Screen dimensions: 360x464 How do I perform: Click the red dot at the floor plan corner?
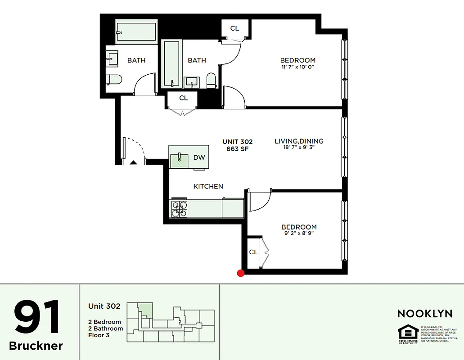pos(241,273)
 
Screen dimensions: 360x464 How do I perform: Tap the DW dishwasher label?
pos(199,157)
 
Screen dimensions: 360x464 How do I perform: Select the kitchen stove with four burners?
pos(180,209)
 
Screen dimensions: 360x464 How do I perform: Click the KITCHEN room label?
pos(208,186)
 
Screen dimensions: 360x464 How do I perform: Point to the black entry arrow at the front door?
pos(133,162)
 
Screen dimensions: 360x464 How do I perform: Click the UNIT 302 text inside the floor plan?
pos(238,141)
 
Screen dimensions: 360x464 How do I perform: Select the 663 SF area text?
pos(238,149)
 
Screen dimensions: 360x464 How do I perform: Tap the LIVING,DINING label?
pos(299,141)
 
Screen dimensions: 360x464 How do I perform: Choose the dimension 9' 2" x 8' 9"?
pos(299,234)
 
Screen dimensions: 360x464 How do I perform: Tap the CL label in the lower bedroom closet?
pos(253,252)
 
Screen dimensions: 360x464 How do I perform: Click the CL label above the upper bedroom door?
pos(234,28)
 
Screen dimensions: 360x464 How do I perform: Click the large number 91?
pos(37,317)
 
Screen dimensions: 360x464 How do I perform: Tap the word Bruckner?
pos(36,346)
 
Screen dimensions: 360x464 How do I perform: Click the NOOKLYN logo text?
pos(424,313)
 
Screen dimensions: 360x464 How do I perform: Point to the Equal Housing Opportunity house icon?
pos(408,332)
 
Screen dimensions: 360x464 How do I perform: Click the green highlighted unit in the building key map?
pos(145,310)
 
